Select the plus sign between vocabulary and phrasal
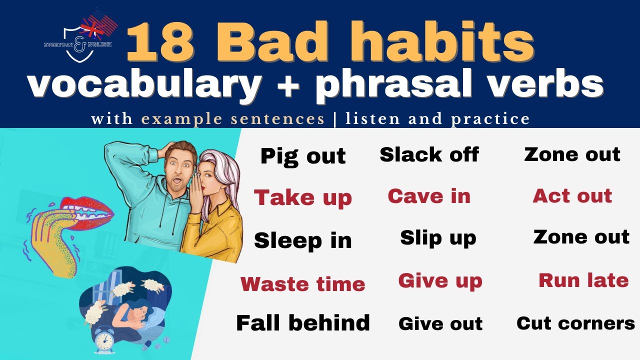pos(288,85)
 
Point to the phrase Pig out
pos(303,156)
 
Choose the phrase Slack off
pos(429,154)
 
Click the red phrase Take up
pos(303,198)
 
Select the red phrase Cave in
pos(429,196)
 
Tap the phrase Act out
pos(572,196)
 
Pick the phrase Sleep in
pos(303,240)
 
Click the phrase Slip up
pos(438,238)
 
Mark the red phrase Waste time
pos(303,284)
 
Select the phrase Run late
pos(583,280)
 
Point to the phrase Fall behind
pos(303,323)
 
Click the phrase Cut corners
pos(575,323)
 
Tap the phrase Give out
pos(440,324)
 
